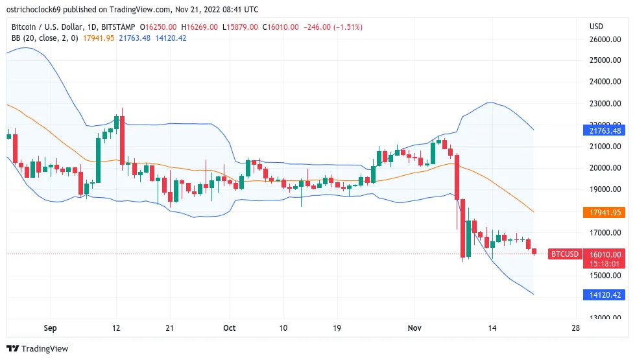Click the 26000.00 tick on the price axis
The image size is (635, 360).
click(x=605, y=39)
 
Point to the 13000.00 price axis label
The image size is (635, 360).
click(x=605, y=318)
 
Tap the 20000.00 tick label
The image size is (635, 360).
click(x=605, y=168)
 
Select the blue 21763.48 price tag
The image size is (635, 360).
click(x=606, y=130)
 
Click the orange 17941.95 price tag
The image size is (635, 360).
click(x=606, y=212)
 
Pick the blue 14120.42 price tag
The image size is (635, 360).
click(x=606, y=294)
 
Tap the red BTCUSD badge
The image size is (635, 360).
click(x=564, y=254)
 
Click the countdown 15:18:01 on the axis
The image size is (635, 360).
click(x=606, y=264)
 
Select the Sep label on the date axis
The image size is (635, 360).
click(x=49, y=328)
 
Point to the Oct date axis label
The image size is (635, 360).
click(x=228, y=328)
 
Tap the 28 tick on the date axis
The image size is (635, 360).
click(x=575, y=328)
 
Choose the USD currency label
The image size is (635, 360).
click(x=596, y=27)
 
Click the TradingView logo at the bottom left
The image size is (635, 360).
click(x=38, y=349)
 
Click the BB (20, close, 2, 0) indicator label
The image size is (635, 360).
click(x=45, y=38)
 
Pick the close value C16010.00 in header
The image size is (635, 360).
click(x=281, y=27)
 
